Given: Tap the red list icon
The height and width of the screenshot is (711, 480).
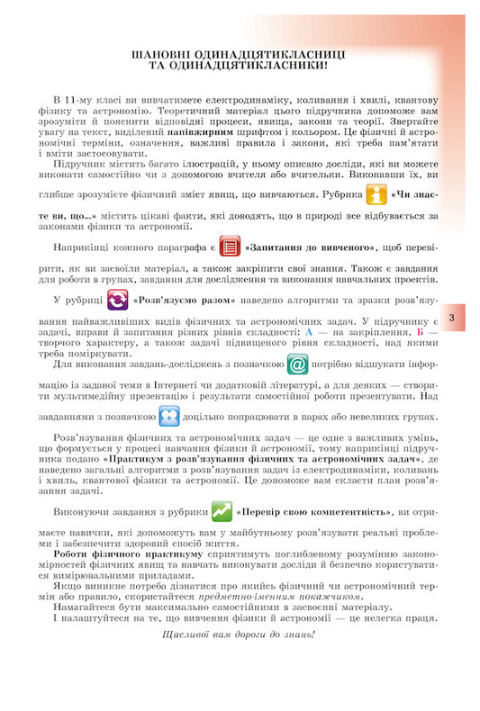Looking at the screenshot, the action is pos(230,247).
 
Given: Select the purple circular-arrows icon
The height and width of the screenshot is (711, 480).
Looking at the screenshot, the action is pos(117,299).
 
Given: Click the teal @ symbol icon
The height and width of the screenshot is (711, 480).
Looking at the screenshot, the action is pos(298,364).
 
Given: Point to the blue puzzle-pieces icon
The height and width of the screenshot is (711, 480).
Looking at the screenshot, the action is pos(169,416).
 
